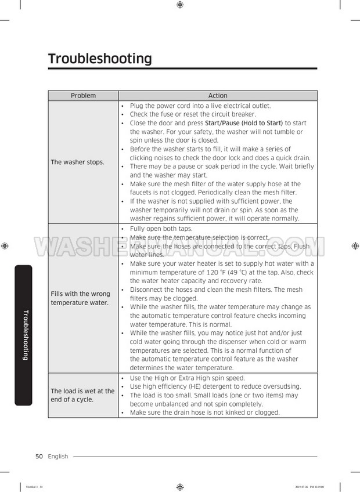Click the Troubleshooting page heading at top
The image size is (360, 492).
100,59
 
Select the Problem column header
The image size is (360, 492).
83,96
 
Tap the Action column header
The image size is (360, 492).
218,96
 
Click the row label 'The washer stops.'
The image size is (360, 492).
78,162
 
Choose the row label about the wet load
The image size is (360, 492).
82,395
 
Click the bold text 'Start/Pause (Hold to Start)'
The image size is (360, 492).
244,123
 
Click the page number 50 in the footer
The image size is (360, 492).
39,457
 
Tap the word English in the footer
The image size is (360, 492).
58,457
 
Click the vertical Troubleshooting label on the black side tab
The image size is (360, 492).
25,335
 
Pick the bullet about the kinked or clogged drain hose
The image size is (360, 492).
204,413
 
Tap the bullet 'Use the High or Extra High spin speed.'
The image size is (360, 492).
187,378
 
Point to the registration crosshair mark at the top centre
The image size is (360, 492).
180,5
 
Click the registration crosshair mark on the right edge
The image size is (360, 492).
355,246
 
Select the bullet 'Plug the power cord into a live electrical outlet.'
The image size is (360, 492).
200,106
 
